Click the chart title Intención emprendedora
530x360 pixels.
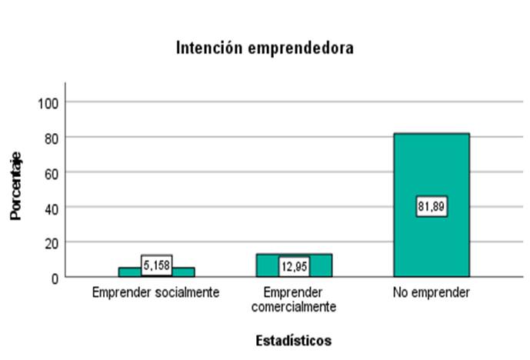point(265,48)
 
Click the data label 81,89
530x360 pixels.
point(432,206)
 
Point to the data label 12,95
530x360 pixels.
point(294,266)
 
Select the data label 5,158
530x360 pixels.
point(156,265)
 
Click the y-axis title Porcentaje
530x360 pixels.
point(15,188)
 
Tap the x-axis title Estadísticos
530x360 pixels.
point(294,339)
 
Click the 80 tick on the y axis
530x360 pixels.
point(50,138)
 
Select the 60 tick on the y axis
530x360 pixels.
point(50,172)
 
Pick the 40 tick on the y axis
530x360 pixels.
point(50,208)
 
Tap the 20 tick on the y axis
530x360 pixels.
point(50,242)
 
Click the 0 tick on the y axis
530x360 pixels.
point(53,277)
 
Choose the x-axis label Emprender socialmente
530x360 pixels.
point(156,293)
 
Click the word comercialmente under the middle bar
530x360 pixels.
point(294,307)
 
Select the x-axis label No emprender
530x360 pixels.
point(432,293)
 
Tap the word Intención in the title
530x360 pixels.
point(205,48)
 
